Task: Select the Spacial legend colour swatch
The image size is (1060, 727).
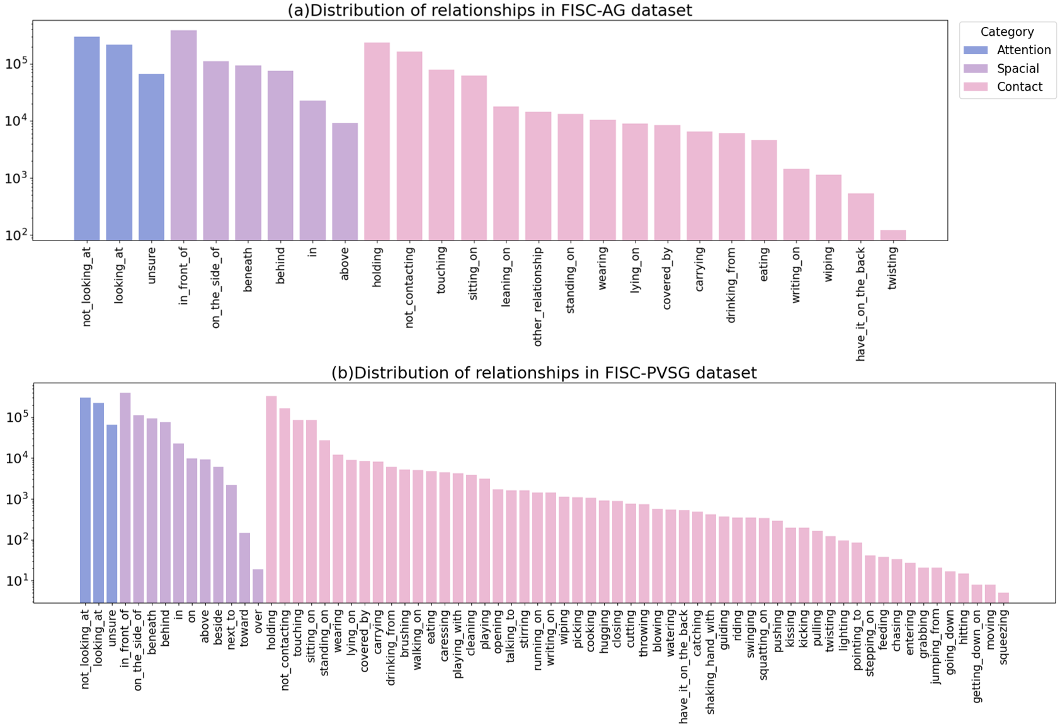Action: coord(976,69)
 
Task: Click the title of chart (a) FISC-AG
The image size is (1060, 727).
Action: coord(489,10)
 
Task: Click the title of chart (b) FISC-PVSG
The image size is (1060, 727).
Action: coord(544,373)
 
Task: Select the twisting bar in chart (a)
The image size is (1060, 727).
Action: coord(892,235)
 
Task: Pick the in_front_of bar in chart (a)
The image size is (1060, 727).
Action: coord(183,135)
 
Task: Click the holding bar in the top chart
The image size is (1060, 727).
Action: coord(377,142)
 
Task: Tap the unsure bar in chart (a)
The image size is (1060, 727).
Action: coord(151,157)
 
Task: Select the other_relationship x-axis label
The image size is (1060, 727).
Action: coord(537,296)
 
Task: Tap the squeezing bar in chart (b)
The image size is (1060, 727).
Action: coord(1003,597)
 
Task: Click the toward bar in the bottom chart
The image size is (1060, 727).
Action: coord(244,568)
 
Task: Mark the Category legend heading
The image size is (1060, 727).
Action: coord(1006,31)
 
